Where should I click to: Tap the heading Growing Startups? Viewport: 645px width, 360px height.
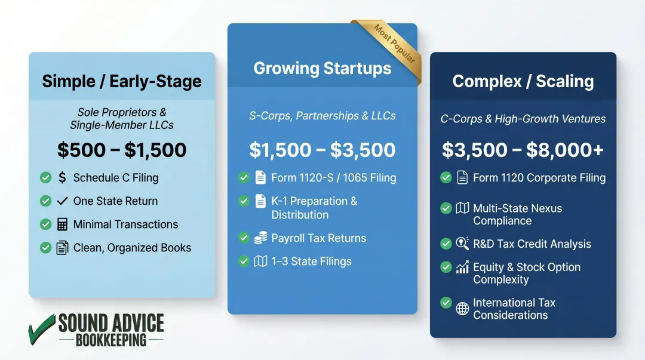pos(322,69)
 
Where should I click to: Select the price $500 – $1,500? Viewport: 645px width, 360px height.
pos(122,150)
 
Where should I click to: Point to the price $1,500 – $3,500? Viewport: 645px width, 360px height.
pos(322,150)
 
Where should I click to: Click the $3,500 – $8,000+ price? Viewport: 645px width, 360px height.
pos(523,150)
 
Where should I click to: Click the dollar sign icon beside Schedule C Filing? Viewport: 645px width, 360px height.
pos(62,177)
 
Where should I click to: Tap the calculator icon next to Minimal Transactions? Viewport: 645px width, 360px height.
pos(62,224)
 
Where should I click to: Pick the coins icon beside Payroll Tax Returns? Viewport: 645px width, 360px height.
pos(260,238)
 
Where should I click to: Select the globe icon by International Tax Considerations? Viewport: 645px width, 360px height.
pos(462,309)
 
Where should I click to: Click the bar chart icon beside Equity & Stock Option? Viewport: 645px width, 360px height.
pos(462,267)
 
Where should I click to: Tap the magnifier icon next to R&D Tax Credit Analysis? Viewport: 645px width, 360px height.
pos(462,244)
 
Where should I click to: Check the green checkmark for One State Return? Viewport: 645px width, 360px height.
pos(45,201)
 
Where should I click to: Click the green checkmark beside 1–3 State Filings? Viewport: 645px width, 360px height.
pos(244,261)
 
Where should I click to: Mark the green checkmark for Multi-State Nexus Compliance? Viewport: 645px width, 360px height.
pos(446,208)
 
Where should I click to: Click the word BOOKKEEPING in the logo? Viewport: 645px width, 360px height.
pos(111,340)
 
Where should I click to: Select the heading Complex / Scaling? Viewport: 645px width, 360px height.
pos(523,82)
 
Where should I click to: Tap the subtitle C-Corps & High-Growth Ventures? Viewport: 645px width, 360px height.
pos(523,119)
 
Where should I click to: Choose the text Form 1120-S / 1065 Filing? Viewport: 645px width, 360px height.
pos(333,177)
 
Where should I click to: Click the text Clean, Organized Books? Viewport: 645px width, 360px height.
pos(132,248)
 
